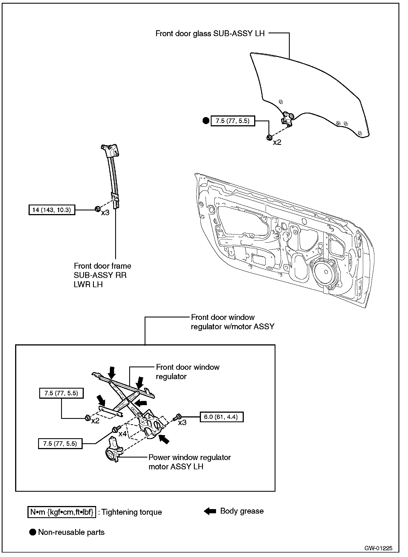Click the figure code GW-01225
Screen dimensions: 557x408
point(378,548)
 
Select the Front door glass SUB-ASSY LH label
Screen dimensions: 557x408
point(210,34)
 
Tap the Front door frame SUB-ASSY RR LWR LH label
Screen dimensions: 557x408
point(102,275)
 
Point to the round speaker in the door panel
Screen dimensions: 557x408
point(325,272)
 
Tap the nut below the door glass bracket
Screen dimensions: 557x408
point(269,137)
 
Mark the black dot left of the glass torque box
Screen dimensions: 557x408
point(206,121)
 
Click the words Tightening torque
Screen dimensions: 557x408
point(132,512)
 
